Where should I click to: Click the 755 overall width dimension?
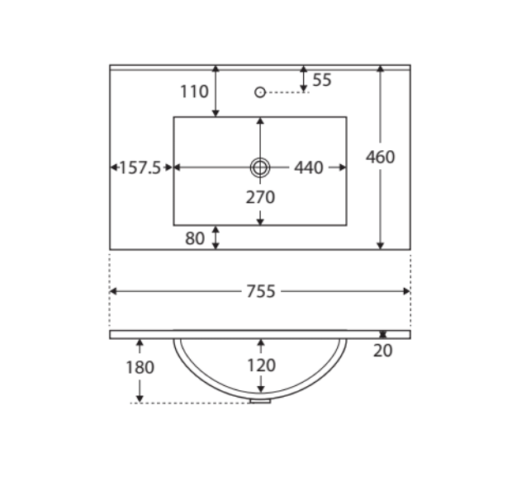click(261, 291)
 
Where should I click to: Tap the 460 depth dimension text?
click(380, 157)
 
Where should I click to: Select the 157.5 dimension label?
click(140, 167)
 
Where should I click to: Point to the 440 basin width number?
click(309, 167)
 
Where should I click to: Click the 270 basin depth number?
click(260, 197)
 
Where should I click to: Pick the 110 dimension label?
click(194, 92)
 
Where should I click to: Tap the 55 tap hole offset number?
click(322, 80)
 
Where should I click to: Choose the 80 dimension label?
click(195, 238)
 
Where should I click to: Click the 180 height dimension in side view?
click(140, 367)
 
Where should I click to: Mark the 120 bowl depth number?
click(261, 365)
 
